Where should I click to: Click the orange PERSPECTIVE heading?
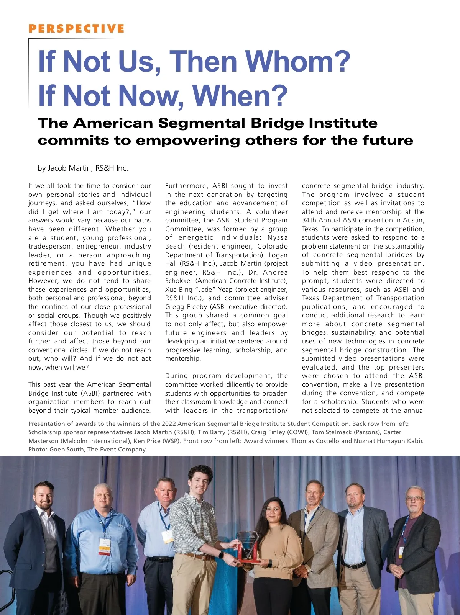coord(76,29)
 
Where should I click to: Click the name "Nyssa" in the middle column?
coord(278,237)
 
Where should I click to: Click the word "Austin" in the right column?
coord(414,220)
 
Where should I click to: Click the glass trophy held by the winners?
coord(247,545)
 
